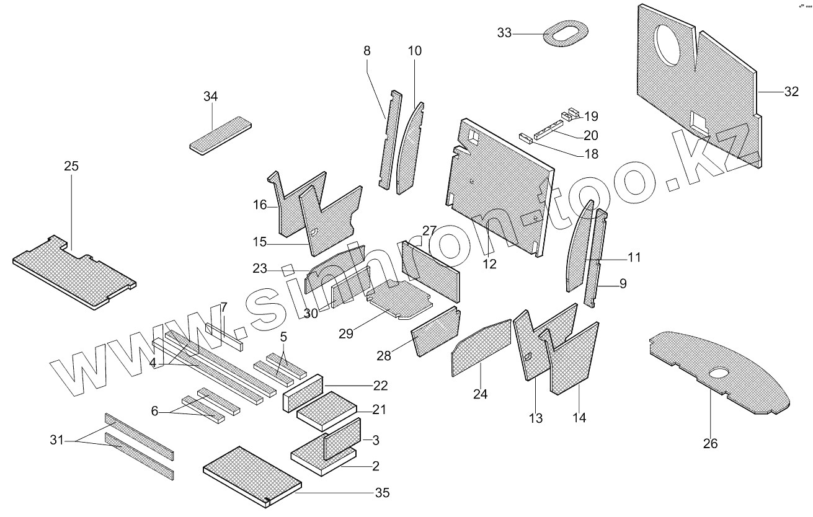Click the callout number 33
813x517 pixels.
point(504,33)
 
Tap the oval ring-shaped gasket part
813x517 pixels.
point(565,34)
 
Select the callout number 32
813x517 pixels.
point(791,92)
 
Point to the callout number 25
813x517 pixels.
point(71,167)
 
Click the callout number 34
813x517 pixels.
point(211,97)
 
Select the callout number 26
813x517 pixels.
point(710,443)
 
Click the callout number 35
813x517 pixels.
point(382,493)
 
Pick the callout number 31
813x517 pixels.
point(57,440)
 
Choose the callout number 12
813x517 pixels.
point(490,263)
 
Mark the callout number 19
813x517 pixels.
point(590,116)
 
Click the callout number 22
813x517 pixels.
point(380,386)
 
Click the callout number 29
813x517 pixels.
point(345,334)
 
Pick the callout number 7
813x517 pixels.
point(224,307)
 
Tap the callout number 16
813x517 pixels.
point(260,205)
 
